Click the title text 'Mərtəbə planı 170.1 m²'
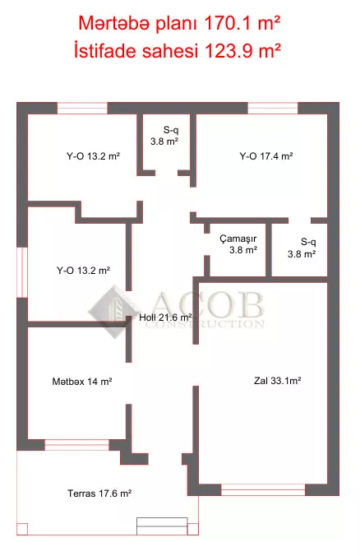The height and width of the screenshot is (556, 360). [x=179, y=23]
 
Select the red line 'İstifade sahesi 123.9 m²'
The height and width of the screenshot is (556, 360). [x=178, y=50]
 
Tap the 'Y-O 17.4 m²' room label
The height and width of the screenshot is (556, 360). [x=266, y=156]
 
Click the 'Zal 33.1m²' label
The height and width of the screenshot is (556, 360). [x=278, y=381]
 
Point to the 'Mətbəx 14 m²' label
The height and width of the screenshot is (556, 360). [x=82, y=382]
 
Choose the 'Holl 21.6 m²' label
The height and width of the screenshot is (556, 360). [x=165, y=317]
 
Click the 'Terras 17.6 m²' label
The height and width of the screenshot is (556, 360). [x=99, y=493]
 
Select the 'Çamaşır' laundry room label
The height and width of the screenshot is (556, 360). [x=238, y=239]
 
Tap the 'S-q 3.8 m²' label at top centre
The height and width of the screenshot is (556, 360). [x=164, y=136]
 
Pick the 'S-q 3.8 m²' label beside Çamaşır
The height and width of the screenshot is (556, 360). [x=302, y=248]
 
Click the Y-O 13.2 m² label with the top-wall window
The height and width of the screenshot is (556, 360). [x=93, y=156]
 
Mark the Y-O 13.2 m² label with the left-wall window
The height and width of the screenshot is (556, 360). [x=83, y=271]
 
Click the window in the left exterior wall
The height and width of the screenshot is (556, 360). [x=22, y=272]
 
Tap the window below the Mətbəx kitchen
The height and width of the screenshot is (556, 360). [x=77, y=445]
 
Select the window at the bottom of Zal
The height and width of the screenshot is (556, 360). [x=263, y=489]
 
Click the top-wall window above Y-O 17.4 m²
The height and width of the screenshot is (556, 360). [x=273, y=108]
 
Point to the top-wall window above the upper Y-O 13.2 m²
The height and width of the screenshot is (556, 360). [x=82, y=108]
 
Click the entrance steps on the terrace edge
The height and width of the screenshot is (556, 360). [x=162, y=526]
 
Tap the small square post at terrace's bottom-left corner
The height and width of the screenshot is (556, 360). [x=22, y=529]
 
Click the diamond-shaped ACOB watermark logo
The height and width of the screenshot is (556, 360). [x=113, y=312]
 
